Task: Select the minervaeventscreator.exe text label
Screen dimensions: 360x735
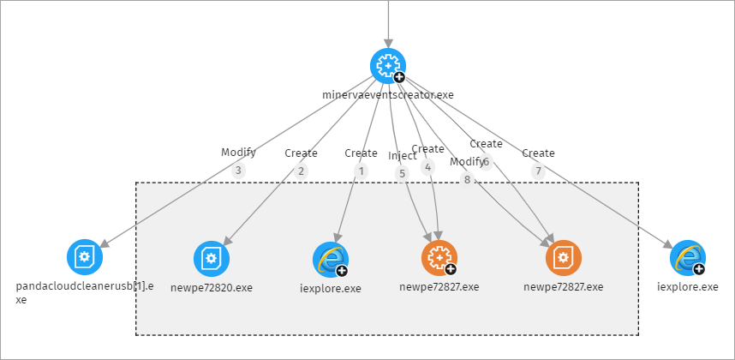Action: click(x=387, y=94)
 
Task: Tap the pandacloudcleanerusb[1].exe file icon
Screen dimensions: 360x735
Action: click(x=84, y=256)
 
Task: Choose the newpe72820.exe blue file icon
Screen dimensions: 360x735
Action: click(x=211, y=257)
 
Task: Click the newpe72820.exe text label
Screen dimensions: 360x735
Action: click(x=211, y=287)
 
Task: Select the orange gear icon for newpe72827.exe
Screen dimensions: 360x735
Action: click(x=439, y=257)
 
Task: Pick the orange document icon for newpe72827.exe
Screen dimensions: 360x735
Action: click(x=563, y=257)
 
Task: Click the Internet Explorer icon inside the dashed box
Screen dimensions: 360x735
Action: click(x=330, y=258)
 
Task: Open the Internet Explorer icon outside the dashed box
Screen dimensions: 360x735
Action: click(x=687, y=257)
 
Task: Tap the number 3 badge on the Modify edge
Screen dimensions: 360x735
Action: click(x=239, y=171)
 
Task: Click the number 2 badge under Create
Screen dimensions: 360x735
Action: click(x=301, y=171)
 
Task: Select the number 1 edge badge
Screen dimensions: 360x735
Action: click(x=362, y=171)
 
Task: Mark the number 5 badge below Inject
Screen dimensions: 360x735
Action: click(x=403, y=173)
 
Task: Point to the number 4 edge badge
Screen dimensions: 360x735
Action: click(x=428, y=168)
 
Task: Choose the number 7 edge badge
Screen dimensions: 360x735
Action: click(x=538, y=171)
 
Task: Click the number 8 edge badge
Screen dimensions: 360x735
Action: click(x=467, y=179)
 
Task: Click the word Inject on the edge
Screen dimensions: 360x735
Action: click(x=402, y=156)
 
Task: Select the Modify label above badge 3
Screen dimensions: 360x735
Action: click(x=238, y=153)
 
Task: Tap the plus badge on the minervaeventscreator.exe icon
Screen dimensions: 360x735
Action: click(x=399, y=77)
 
